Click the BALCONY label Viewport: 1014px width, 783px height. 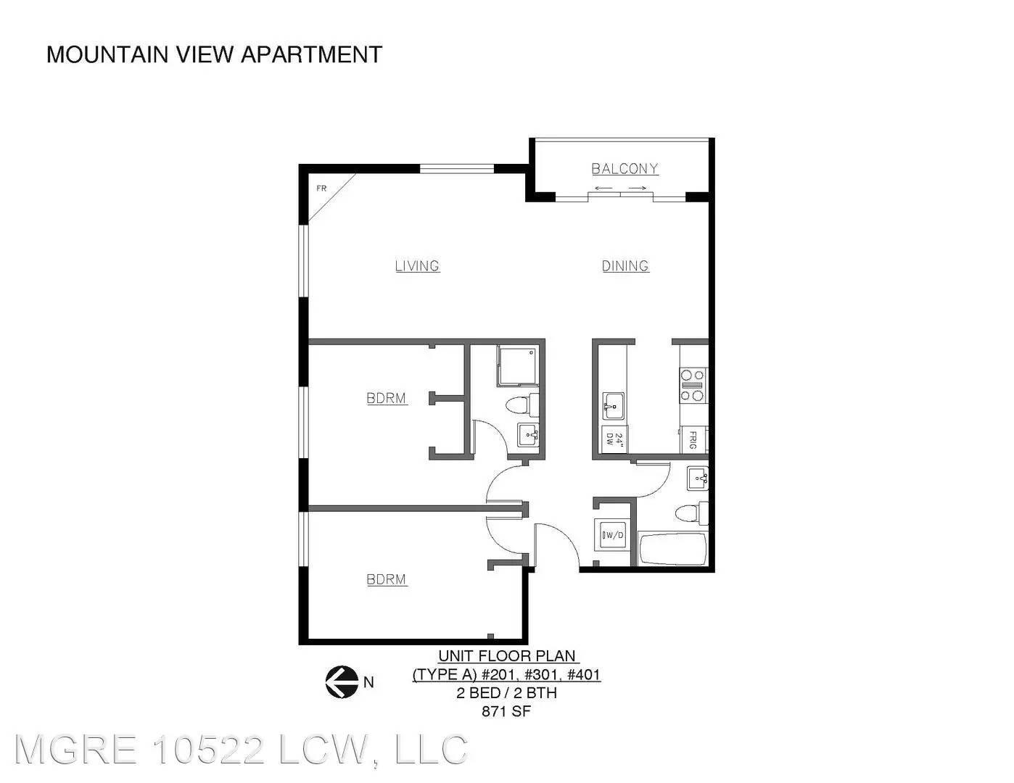coord(625,169)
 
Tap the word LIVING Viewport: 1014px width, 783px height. coord(417,266)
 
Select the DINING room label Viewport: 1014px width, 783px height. coord(625,266)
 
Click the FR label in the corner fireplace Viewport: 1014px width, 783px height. coord(321,188)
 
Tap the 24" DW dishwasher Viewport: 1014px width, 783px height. coord(614,439)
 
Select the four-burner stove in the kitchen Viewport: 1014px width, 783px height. coord(693,385)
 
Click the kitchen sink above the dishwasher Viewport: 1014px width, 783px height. coord(614,406)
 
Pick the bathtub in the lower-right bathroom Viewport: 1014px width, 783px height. coord(672,550)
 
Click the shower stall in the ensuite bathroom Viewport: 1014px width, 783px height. coord(517,365)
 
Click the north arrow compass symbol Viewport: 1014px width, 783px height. coord(342,681)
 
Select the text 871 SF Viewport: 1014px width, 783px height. coord(506,711)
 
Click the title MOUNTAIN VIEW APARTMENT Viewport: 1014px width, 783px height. coord(214,54)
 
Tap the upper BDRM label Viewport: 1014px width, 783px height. coord(387,398)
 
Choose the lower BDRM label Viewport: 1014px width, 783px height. coord(387,579)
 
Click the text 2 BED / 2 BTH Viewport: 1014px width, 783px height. coord(506,693)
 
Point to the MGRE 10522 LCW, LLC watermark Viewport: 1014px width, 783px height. coord(241,750)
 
